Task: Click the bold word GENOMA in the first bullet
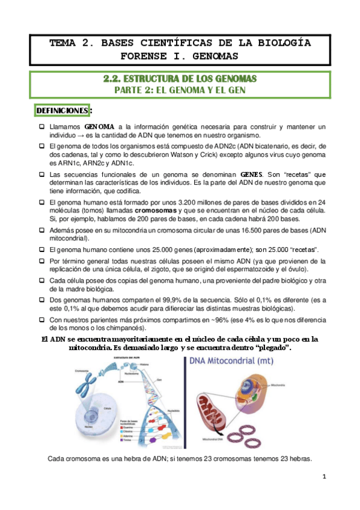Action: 99,127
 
